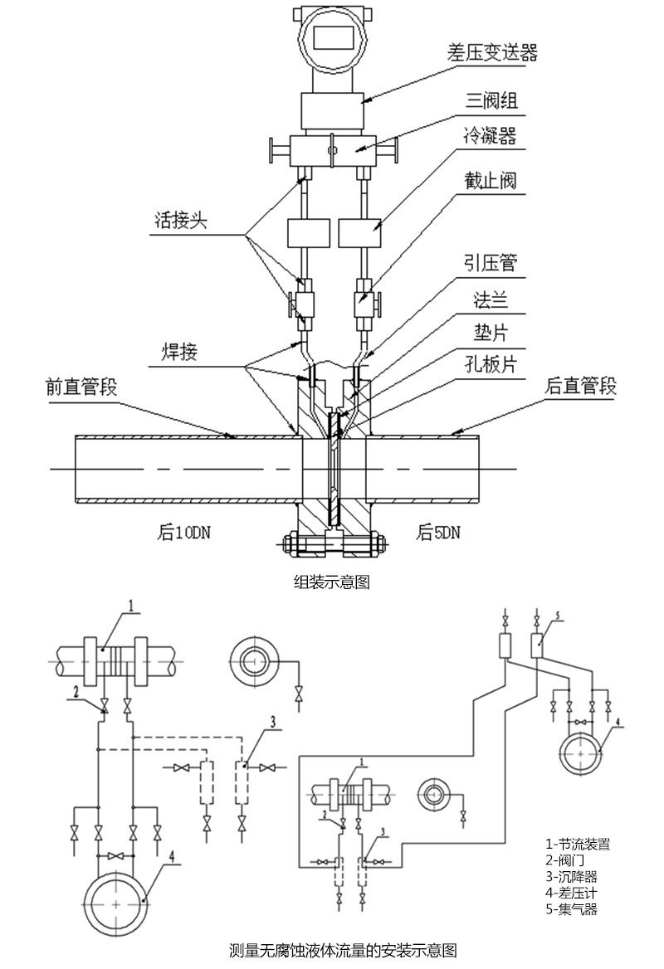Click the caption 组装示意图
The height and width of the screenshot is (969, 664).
(332, 582)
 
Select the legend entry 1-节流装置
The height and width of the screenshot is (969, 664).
(578, 844)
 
